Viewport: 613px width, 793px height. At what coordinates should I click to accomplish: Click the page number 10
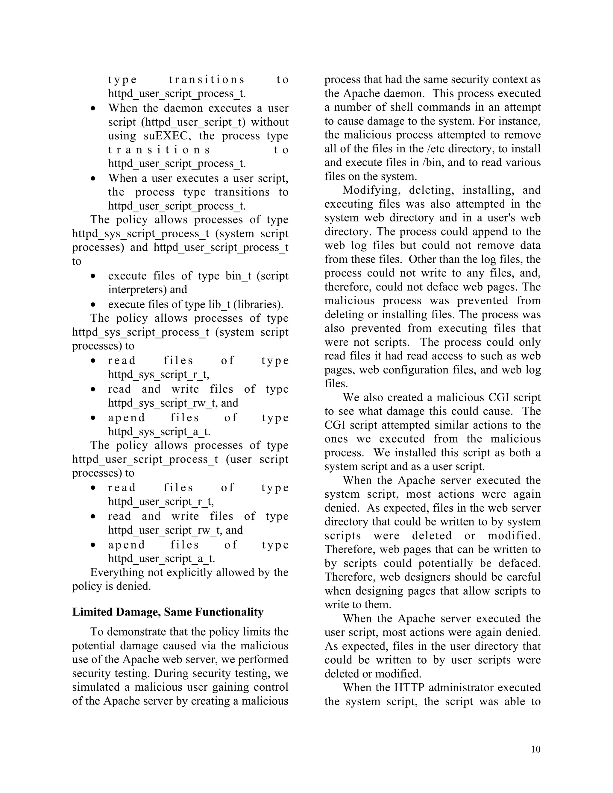[x=535, y=749]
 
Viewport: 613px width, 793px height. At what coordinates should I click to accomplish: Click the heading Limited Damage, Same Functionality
[x=168, y=612]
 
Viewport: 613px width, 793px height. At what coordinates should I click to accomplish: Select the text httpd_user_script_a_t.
[x=161, y=558]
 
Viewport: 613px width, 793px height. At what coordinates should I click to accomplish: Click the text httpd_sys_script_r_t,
[x=159, y=374]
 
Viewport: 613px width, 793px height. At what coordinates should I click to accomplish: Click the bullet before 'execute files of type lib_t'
[x=93, y=305]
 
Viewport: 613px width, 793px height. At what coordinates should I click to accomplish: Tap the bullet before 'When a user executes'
[x=93, y=179]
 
